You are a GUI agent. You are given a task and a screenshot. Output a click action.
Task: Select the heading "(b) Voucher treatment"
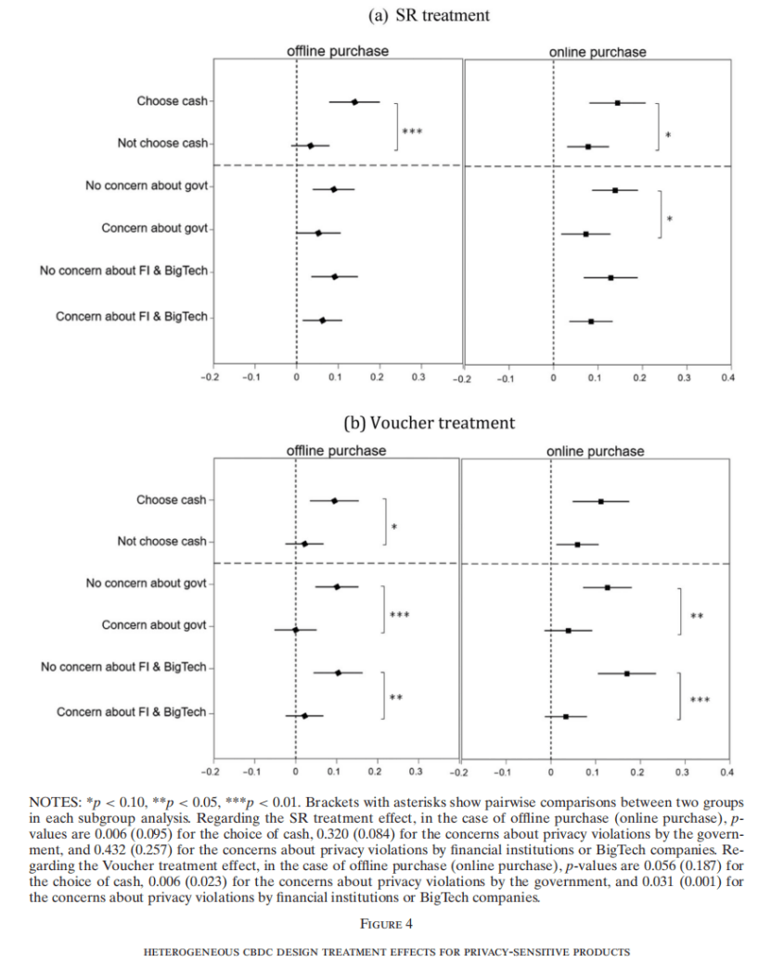point(429,423)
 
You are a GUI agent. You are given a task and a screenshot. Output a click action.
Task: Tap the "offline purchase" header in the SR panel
point(338,51)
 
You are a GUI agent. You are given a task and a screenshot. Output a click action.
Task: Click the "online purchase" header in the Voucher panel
point(595,451)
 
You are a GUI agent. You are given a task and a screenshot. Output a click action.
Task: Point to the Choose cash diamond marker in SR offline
point(354,102)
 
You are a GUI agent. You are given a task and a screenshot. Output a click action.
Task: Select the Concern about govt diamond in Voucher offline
point(296,629)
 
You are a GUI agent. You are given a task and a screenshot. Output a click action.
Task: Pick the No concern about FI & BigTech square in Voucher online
point(627,674)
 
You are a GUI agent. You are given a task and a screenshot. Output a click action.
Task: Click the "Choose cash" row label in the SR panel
point(172,101)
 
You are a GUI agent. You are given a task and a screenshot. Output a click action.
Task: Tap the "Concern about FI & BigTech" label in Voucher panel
point(132,712)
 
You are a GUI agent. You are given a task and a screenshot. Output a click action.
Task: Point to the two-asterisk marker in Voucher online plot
point(697,615)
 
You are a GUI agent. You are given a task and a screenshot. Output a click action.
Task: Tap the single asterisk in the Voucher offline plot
point(394,529)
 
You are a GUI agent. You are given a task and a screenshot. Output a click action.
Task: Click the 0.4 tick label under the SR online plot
point(726,378)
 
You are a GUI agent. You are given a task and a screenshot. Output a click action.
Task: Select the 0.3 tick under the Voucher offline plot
point(416,771)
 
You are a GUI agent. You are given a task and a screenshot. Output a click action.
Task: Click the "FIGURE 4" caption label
point(385,923)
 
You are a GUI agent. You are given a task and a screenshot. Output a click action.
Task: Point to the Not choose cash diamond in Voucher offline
point(304,544)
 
